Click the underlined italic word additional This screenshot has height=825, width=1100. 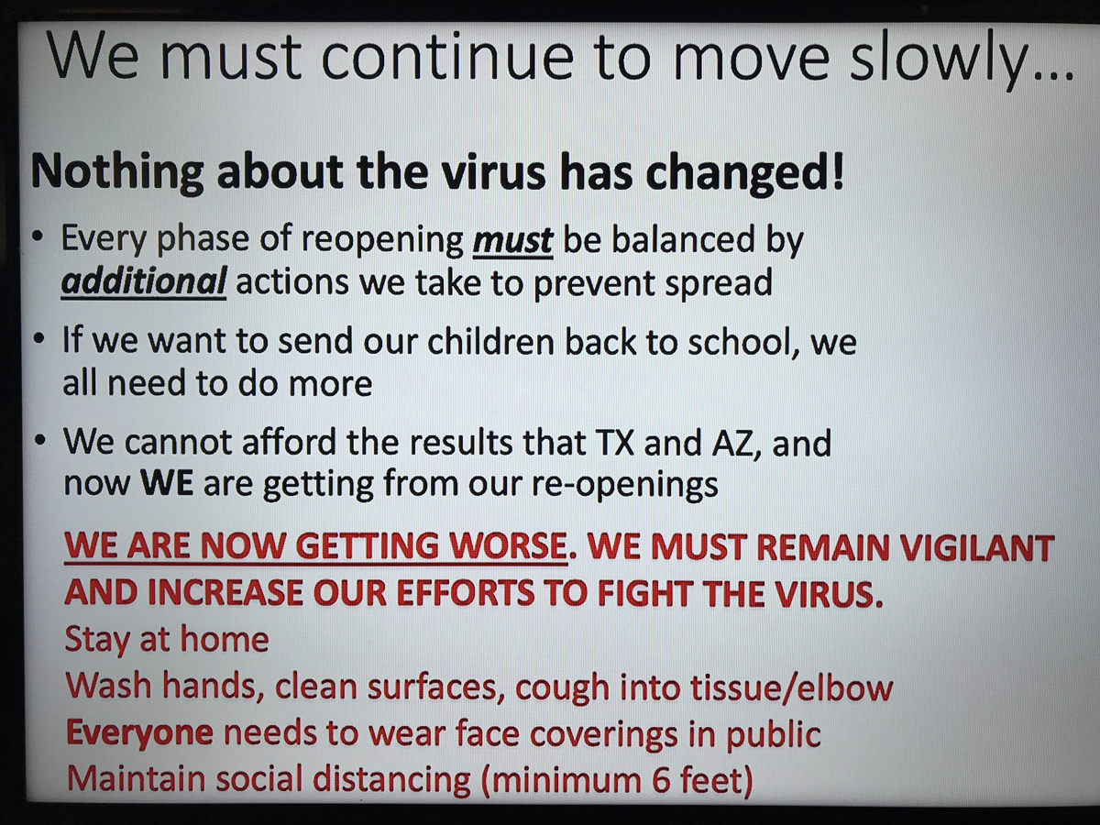[x=143, y=281]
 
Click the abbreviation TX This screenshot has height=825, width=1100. [x=614, y=444]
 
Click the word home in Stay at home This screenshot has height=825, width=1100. [x=225, y=639]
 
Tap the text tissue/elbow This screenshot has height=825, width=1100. [x=791, y=687]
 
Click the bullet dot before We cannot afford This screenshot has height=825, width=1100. [x=39, y=443]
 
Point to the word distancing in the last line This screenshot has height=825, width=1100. [x=393, y=780]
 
